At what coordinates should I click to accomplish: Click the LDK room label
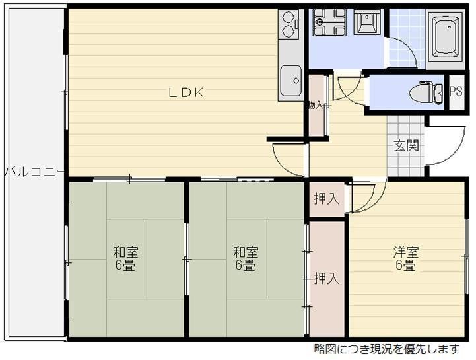185,93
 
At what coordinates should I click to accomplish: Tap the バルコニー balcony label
33,172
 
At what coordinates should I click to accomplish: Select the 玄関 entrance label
406,146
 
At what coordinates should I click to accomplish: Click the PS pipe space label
456,92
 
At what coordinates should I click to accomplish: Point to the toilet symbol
425,93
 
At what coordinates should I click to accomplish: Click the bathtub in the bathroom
446,37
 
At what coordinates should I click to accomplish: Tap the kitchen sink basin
290,79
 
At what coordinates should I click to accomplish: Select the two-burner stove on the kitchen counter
289,25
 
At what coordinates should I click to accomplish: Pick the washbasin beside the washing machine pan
365,23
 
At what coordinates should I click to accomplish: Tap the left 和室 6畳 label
125,259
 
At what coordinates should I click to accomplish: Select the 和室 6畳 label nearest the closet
245,259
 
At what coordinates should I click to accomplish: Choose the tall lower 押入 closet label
326,279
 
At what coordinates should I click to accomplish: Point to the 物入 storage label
315,105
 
